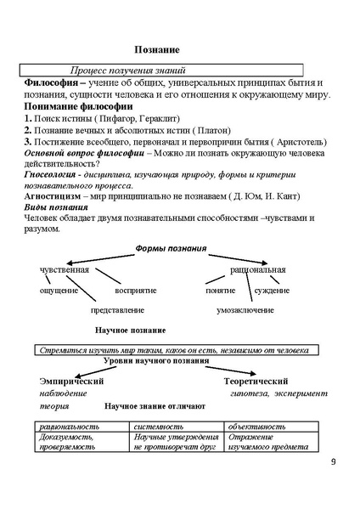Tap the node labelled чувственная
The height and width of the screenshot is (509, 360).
coord(65,269)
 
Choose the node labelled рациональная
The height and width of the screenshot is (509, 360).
coord(257,269)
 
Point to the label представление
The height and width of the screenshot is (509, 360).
coord(116,311)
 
